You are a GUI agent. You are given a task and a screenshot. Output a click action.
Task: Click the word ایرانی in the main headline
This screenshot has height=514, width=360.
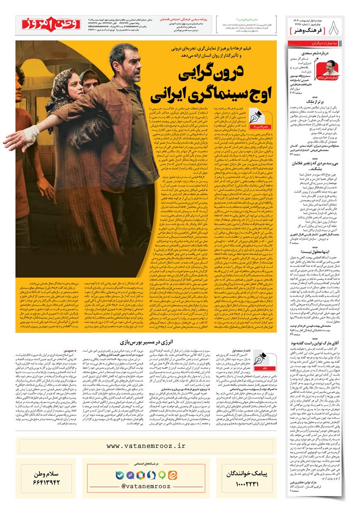click(x=170, y=95)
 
